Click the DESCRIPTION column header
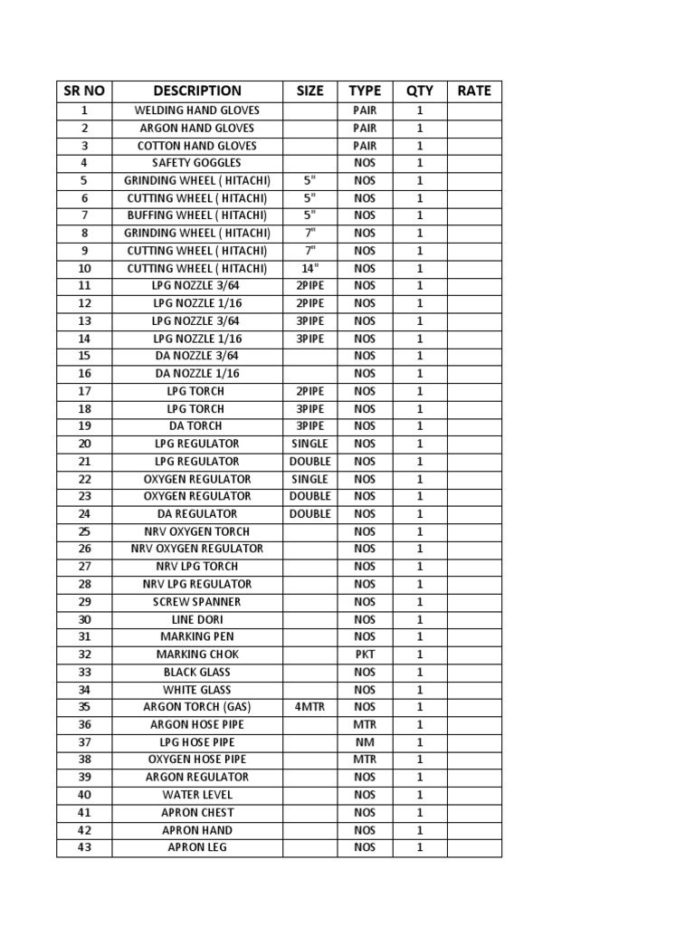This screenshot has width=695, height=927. (197, 91)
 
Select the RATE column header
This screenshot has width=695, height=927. (474, 91)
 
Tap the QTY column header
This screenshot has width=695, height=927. (419, 91)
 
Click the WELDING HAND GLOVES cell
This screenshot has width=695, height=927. (197, 110)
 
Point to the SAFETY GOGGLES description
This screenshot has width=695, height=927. (197, 163)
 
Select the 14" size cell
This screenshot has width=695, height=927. (309, 268)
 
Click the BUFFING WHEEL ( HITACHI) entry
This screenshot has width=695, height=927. (197, 215)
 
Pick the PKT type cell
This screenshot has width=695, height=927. (365, 654)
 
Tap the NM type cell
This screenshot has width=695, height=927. (365, 741)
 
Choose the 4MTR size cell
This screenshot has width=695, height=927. (309, 706)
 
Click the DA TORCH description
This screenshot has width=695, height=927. (197, 425)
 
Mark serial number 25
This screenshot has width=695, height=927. (84, 531)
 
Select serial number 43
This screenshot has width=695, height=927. (84, 847)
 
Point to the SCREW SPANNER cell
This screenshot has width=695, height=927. (197, 601)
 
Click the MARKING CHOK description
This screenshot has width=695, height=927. (197, 654)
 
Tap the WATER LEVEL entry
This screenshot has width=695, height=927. (197, 794)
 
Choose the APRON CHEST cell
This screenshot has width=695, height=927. (197, 812)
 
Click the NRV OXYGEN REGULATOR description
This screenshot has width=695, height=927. (197, 549)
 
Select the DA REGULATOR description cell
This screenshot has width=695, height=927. (197, 513)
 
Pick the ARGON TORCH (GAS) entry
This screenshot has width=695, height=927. (197, 706)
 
